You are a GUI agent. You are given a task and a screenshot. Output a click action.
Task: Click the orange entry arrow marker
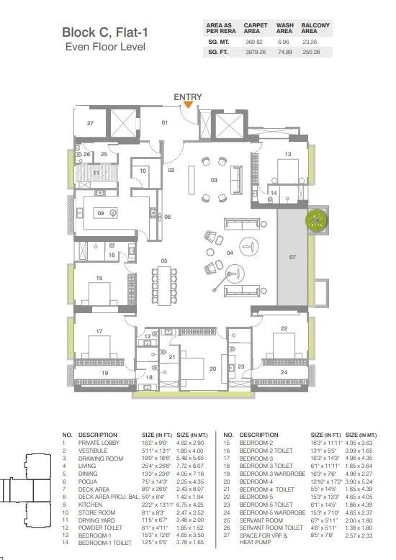click(x=188, y=105)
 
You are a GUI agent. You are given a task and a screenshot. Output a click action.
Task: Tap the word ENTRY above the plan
click(x=188, y=96)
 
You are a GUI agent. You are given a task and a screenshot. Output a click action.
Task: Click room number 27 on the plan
click(x=90, y=124)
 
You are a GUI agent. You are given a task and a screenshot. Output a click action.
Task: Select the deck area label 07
click(x=292, y=256)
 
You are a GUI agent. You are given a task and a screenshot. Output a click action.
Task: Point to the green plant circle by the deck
click(x=316, y=221)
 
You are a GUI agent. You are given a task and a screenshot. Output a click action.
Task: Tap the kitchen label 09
click(x=102, y=213)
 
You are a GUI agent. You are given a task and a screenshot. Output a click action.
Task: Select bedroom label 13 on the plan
click(x=287, y=155)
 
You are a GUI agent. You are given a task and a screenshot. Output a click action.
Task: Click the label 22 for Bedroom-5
click(x=284, y=329)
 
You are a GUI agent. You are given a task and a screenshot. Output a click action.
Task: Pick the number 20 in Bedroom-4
click(x=212, y=369)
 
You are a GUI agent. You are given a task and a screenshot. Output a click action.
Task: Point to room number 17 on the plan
click(x=99, y=331)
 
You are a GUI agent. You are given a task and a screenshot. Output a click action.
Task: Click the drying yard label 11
click(x=96, y=173)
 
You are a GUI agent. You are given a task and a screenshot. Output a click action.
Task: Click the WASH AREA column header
click(x=285, y=29)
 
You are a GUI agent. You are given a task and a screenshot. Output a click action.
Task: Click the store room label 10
click(x=143, y=171)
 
